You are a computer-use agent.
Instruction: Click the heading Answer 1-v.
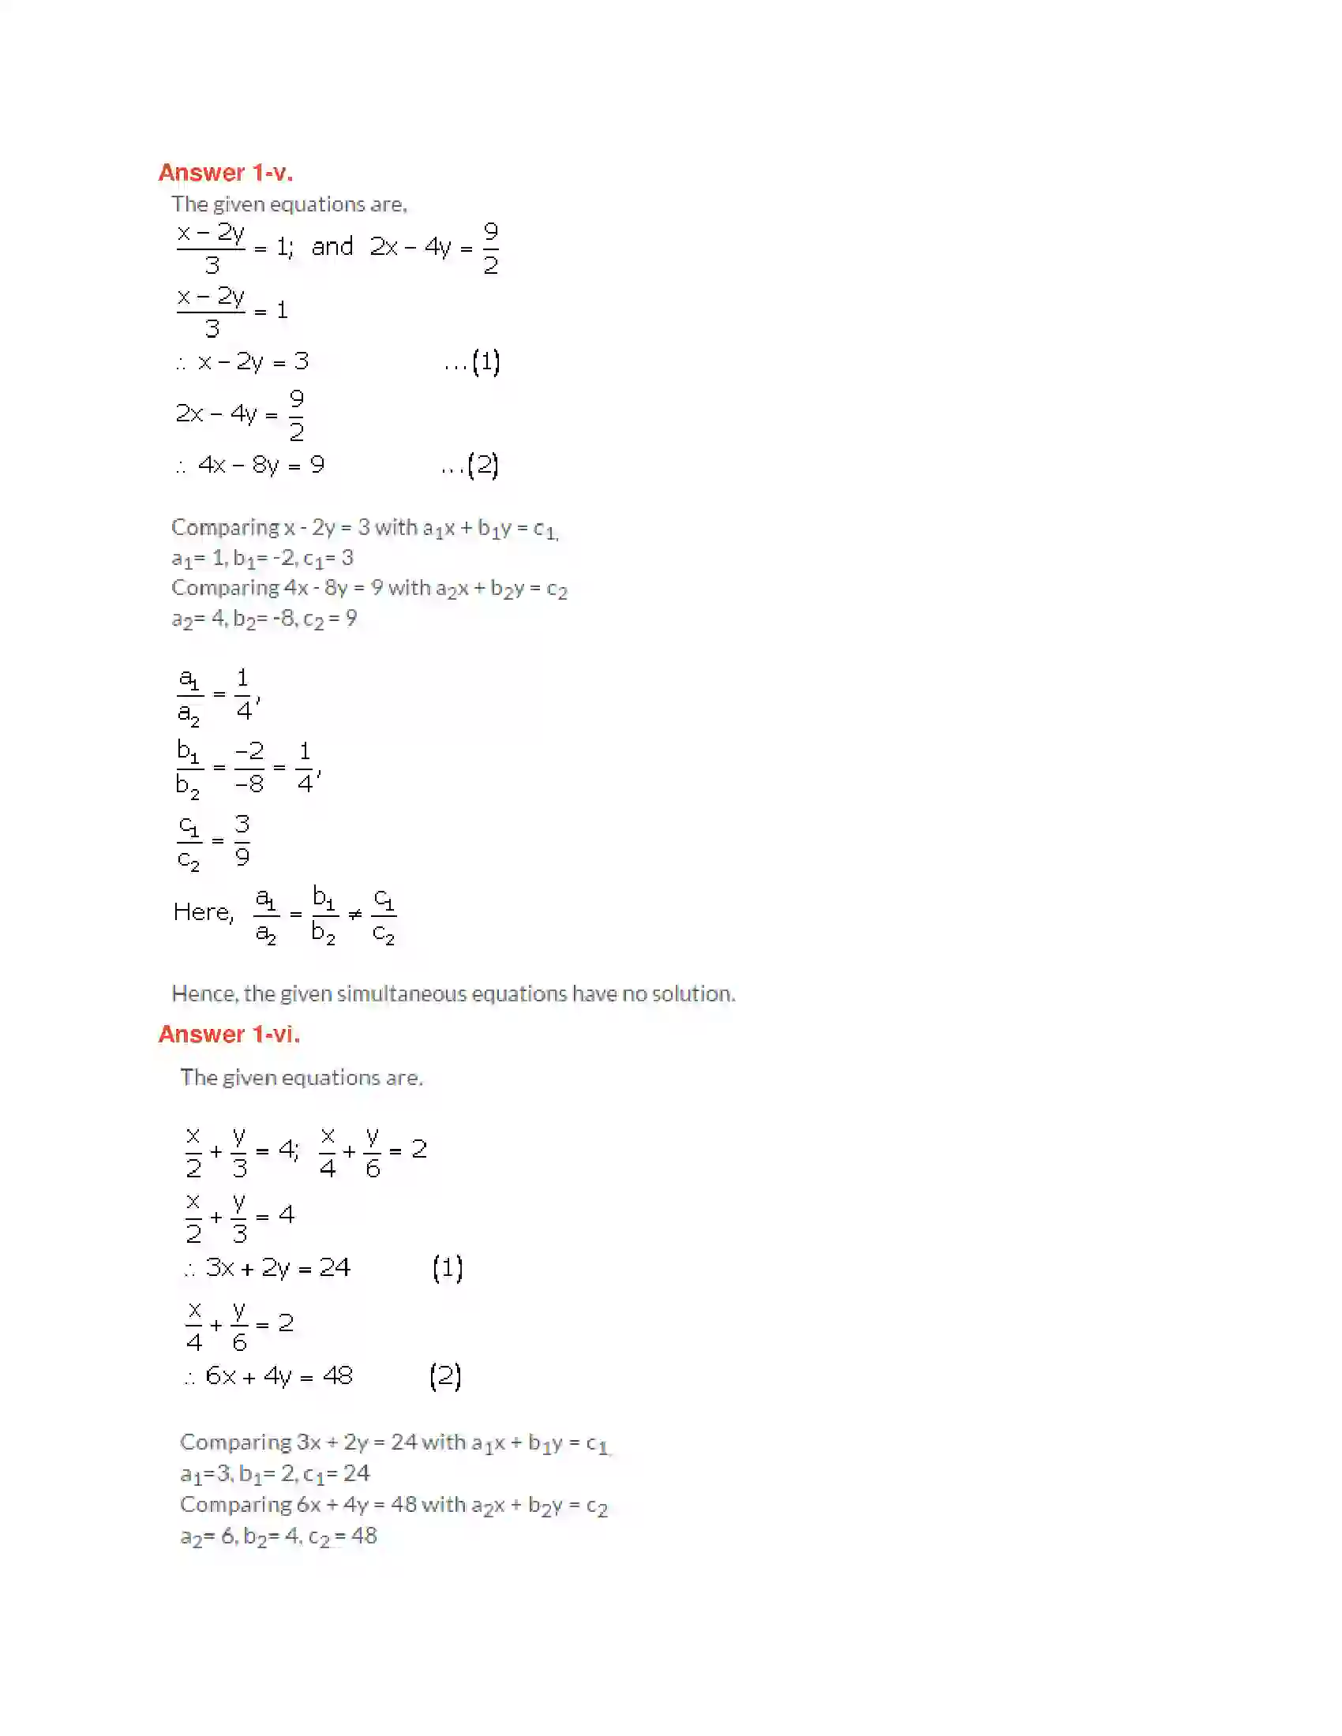tap(225, 173)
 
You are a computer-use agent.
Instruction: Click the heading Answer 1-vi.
tap(229, 1034)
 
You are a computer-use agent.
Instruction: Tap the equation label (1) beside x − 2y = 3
tap(485, 362)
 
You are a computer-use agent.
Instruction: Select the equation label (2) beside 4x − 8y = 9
tap(483, 465)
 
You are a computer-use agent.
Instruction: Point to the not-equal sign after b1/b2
tap(355, 914)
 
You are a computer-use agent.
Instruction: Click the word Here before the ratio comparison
tap(203, 911)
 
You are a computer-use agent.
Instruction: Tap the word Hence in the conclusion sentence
tap(204, 993)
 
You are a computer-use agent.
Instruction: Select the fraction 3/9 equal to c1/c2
tap(242, 840)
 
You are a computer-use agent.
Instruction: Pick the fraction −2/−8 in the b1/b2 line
tap(249, 767)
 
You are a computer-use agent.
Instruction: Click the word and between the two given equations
tap(332, 247)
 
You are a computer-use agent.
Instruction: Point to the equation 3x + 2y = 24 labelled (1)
tap(277, 1267)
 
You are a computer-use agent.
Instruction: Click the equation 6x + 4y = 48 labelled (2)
tap(278, 1375)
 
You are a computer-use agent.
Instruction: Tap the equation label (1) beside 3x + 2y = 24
tap(448, 1267)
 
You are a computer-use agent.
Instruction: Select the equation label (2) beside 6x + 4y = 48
tap(445, 1375)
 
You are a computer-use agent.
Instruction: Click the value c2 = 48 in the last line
tap(343, 1536)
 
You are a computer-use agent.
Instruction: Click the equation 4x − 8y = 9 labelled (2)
tap(261, 465)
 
